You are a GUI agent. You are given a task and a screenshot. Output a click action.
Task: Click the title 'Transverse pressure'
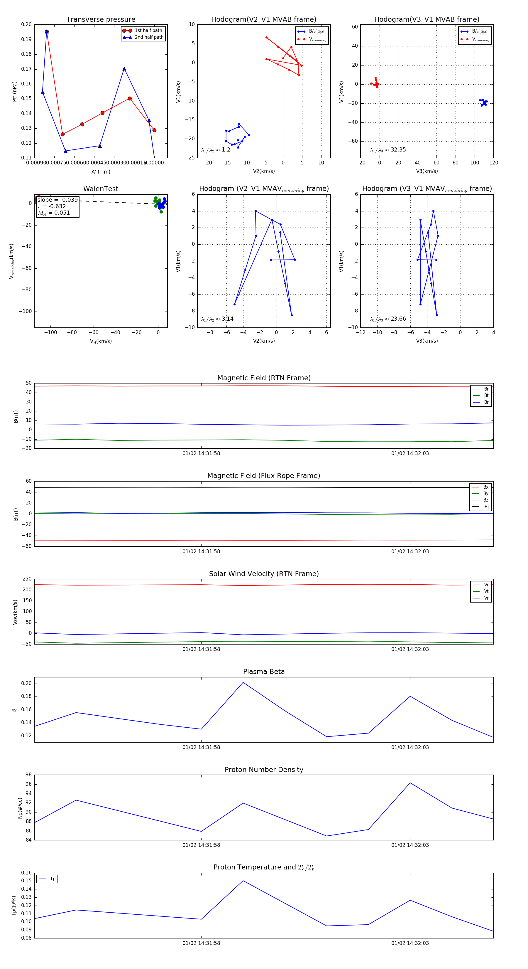(x=101, y=20)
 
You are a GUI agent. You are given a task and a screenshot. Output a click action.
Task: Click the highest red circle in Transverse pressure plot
(x=47, y=32)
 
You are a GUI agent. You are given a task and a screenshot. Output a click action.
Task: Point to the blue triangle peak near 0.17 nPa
(x=124, y=69)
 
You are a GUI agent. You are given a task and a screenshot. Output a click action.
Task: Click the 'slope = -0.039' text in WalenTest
(x=57, y=200)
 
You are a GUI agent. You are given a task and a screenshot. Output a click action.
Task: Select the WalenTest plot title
(x=101, y=189)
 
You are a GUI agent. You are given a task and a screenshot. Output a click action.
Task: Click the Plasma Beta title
(x=264, y=672)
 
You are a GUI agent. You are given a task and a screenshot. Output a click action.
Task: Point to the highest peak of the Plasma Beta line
(x=243, y=682)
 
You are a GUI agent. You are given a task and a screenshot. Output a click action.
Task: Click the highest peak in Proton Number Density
(x=410, y=783)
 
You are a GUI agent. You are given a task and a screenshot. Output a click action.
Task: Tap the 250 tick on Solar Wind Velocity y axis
(x=27, y=579)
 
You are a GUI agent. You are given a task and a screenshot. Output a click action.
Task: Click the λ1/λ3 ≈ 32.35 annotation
(x=388, y=150)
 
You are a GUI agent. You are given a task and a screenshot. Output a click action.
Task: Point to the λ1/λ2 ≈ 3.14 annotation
(x=217, y=319)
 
